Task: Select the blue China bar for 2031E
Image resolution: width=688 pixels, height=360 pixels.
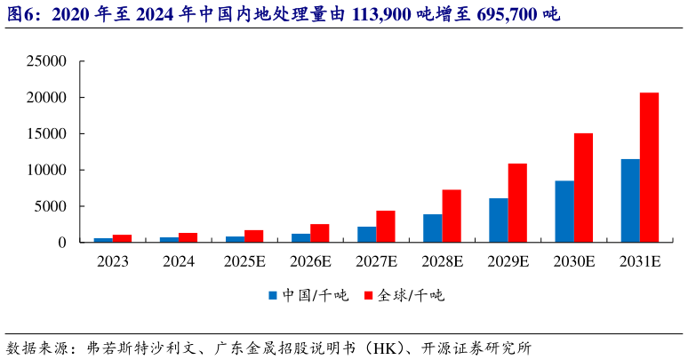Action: (x=629, y=201)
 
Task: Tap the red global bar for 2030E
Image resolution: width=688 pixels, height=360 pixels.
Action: (x=583, y=188)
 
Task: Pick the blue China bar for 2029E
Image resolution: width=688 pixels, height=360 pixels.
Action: (x=498, y=220)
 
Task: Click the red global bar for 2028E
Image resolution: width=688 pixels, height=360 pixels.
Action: (x=452, y=216)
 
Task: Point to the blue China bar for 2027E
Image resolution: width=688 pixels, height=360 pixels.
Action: (x=366, y=234)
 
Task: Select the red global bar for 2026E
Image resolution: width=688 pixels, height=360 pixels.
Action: (x=319, y=233)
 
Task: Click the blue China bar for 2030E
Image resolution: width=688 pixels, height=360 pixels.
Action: (x=564, y=212)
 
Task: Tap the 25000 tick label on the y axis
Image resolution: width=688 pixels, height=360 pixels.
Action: (x=45, y=61)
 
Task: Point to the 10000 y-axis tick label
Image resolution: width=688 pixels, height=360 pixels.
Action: (x=45, y=170)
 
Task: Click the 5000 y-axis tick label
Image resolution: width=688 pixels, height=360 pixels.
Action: (x=49, y=206)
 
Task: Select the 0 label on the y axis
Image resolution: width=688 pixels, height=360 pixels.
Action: (x=61, y=243)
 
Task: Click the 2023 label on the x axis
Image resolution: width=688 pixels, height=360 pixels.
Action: (x=113, y=261)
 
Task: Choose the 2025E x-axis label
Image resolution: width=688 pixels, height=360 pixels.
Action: (x=244, y=261)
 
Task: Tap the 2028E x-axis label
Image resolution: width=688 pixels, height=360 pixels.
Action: (x=442, y=261)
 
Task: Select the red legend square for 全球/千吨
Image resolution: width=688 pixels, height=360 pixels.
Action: (x=369, y=295)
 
